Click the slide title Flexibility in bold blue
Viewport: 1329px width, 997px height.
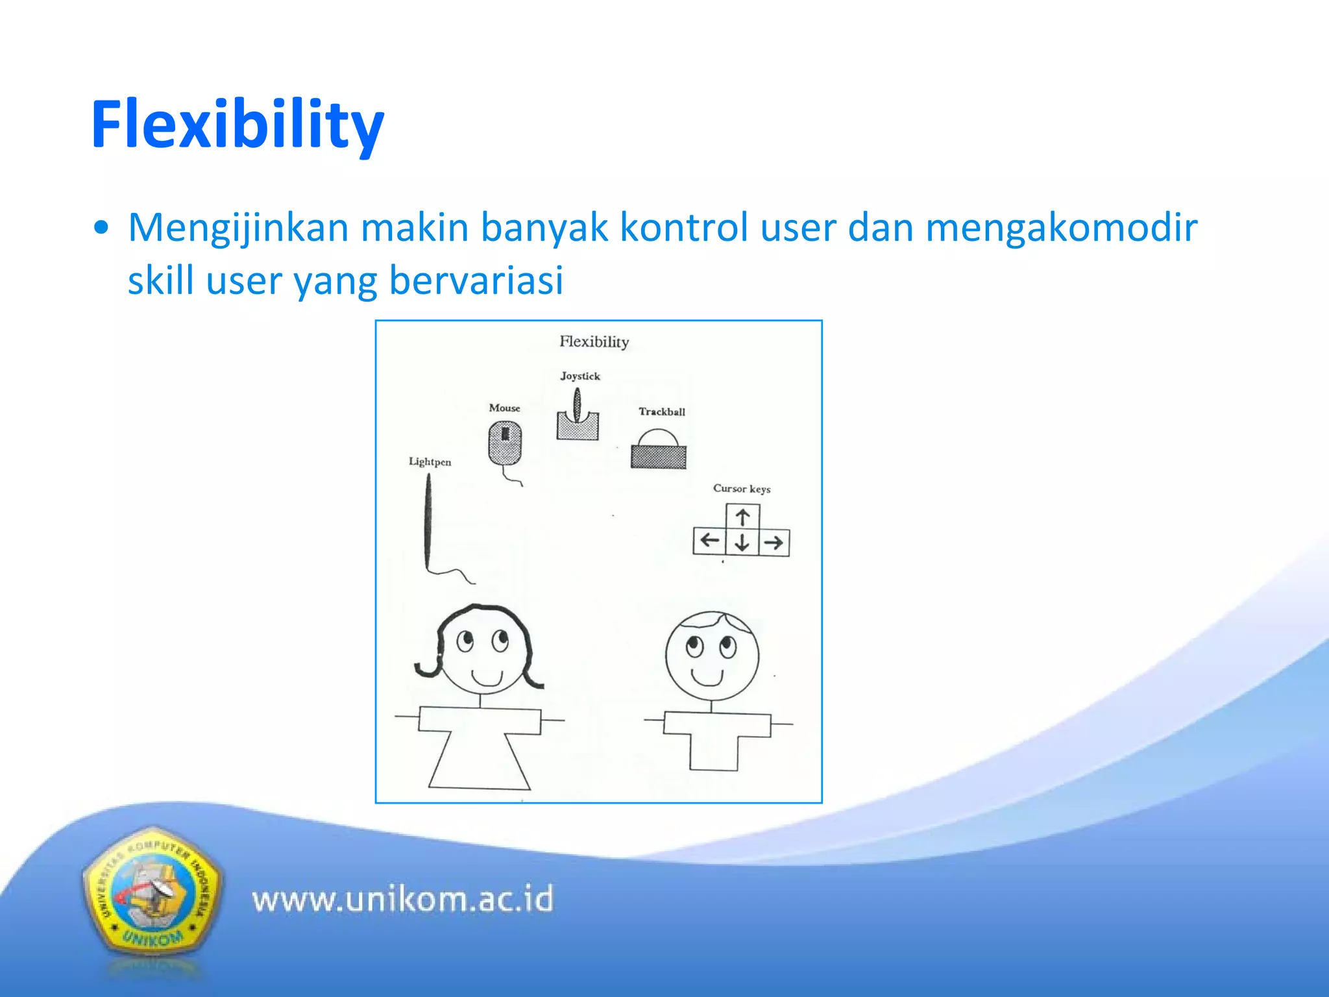[238, 125]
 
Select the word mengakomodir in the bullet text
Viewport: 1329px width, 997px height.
[1060, 228]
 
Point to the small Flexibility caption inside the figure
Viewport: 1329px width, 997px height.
[594, 341]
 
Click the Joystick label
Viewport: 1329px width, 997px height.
[580, 376]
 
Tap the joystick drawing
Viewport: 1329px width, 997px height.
[577, 419]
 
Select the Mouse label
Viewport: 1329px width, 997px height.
[504, 408]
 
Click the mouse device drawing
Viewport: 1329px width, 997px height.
[505, 443]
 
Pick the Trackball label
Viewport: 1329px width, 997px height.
[661, 412]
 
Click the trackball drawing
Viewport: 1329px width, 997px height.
[658, 450]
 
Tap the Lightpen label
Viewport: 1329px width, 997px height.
[430, 462]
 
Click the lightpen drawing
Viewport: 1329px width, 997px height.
[428, 523]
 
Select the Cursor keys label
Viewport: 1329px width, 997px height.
[741, 488]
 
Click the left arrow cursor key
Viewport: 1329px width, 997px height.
[709, 541]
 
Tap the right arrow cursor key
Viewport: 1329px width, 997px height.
[774, 542]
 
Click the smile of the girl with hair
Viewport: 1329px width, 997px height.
[487, 678]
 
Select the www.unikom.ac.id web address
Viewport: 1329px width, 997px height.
[402, 900]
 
